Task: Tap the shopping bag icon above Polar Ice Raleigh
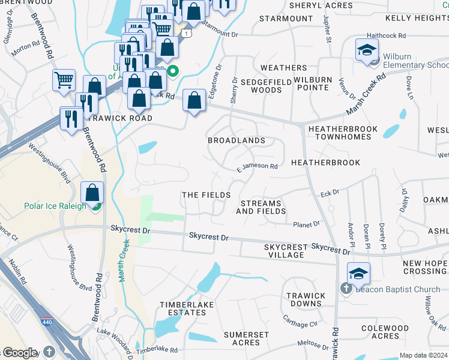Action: [x=92, y=193]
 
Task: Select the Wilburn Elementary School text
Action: [x=415, y=61]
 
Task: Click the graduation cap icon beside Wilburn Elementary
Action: [x=367, y=52]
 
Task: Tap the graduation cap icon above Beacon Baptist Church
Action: [x=358, y=274]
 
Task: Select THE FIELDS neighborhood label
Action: [x=206, y=196]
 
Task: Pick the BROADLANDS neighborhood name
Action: [x=237, y=140]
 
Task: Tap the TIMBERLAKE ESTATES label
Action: [x=183, y=308]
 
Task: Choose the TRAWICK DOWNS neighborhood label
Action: [x=306, y=299]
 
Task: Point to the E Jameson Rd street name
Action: [x=256, y=167]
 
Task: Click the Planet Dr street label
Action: [x=306, y=224]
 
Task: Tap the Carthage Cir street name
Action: [x=300, y=320]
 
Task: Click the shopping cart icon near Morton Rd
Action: [x=64, y=80]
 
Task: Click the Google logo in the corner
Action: [x=20, y=353]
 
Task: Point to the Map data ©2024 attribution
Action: [x=423, y=355]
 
